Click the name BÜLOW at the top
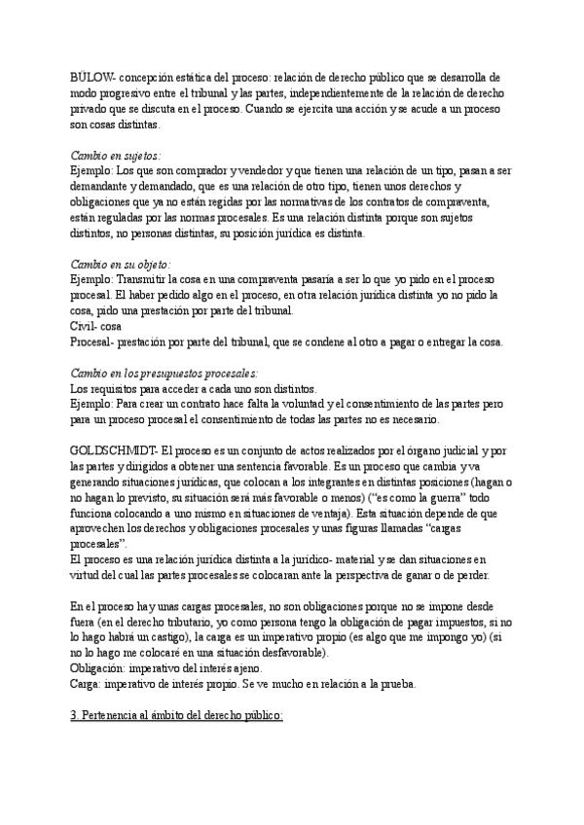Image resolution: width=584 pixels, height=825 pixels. (93, 76)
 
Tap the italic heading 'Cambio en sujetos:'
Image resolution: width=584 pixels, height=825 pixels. (117, 155)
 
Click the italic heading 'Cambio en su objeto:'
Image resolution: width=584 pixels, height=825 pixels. (122, 264)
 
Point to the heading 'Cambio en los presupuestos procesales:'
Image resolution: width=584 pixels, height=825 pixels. (163, 373)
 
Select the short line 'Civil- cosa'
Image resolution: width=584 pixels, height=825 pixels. (95, 327)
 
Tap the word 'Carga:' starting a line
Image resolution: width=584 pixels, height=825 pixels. (87, 684)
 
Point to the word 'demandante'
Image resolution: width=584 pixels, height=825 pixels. (103, 186)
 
